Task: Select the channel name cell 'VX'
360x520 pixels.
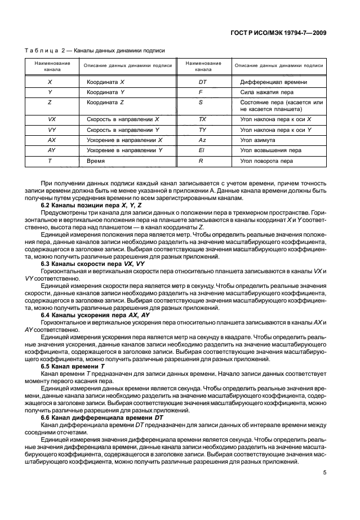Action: tap(52, 120)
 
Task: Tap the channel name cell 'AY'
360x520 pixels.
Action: tap(52, 150)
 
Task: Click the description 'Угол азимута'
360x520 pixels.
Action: tap(257, 140)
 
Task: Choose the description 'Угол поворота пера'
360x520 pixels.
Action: tap(266, 161)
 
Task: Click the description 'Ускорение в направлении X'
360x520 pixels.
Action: tap(125, 140)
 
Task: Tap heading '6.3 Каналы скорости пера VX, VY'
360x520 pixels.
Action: tap(92, 263)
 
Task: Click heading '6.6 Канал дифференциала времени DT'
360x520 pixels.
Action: tap(101, 417)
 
